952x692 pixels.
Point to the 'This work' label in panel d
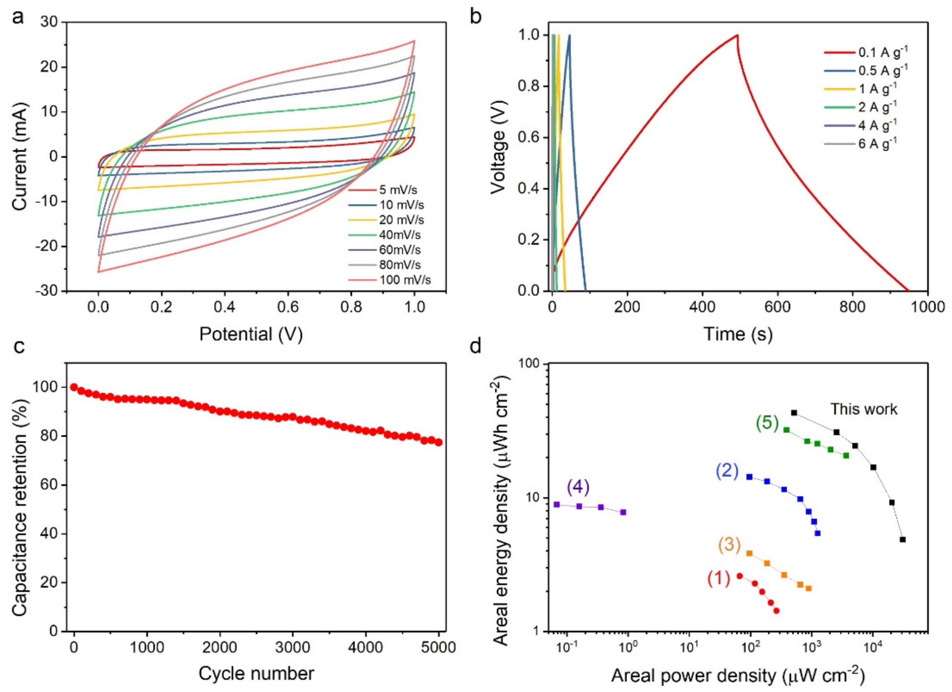click(864, 409)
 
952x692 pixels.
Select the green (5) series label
click(767, 423)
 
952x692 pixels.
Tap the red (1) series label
click(719, 579)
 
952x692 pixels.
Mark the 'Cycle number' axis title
click(256, 674)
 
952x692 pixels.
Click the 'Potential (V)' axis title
click(251, 334)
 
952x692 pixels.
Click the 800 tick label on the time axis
click(853, 307)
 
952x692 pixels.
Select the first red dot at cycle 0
click(74, 387)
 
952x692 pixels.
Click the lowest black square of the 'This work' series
click(902, 540)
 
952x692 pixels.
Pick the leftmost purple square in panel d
click(557, 504)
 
